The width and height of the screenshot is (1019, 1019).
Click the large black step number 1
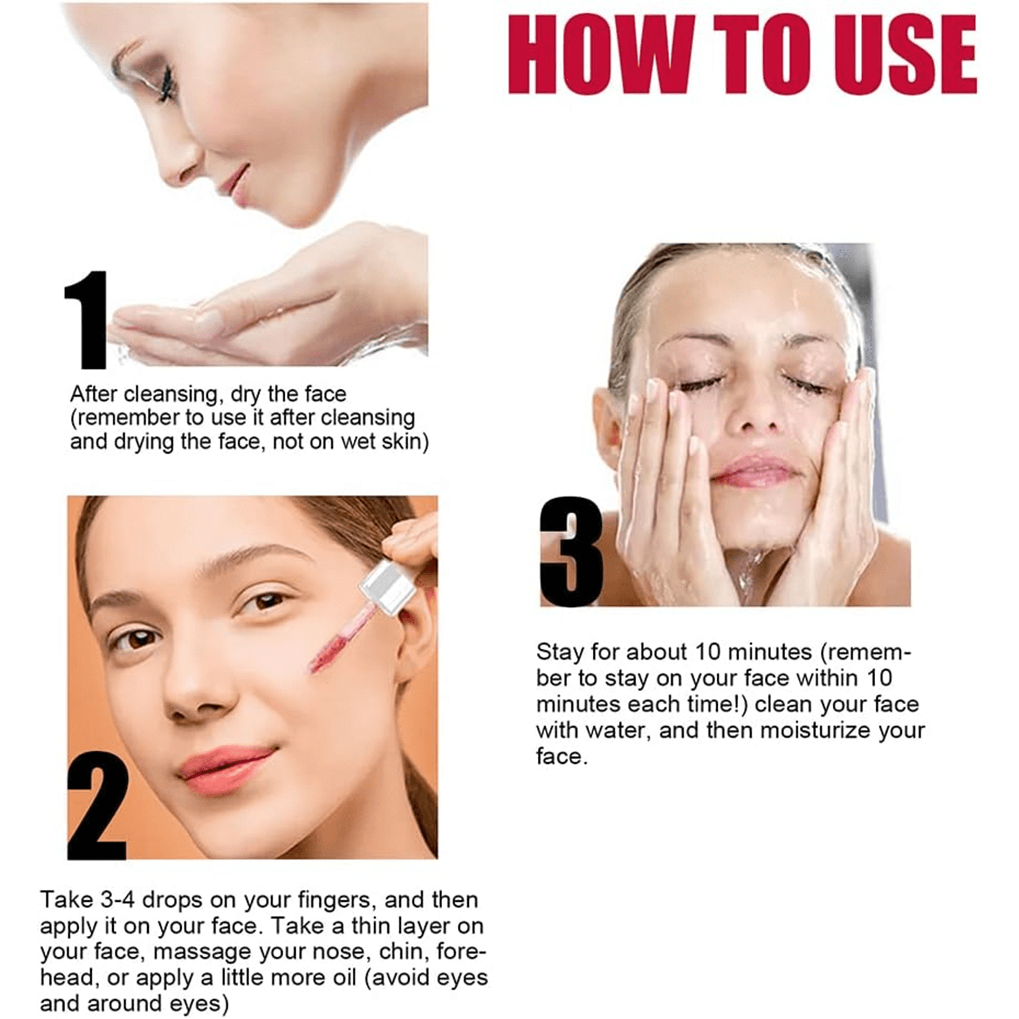[x=85, y=319]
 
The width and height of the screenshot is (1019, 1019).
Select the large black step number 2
[x=97, y=807]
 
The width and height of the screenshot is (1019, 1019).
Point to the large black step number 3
[x=570, y=551]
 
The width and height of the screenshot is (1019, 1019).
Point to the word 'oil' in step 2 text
[x=344, y=978]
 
